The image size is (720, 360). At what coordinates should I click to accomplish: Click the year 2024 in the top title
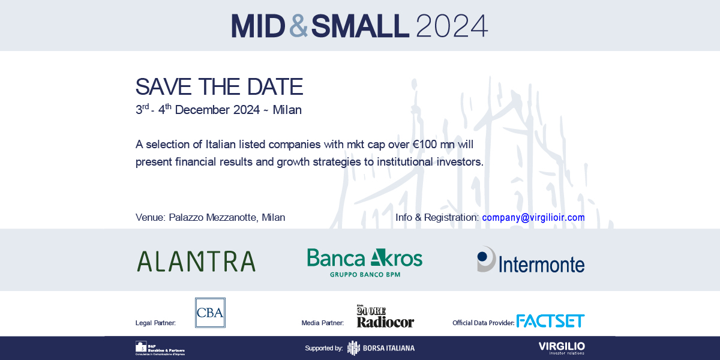(451, 26)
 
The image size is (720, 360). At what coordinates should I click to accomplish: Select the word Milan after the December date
(287, 110)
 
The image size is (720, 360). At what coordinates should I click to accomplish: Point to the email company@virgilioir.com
(533, 217)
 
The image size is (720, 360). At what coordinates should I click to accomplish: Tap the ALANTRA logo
(196, 261)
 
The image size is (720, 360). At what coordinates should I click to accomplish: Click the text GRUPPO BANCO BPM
(365, 274)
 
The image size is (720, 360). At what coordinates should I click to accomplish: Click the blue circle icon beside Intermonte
(484, 257)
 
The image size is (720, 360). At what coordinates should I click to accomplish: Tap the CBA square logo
(210, 313)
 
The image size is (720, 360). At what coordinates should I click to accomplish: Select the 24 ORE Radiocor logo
(385, 316)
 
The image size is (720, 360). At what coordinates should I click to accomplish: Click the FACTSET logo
(550, 320)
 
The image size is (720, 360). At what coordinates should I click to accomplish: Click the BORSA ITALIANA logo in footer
(381, 348)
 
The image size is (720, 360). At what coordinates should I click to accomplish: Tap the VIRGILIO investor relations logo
(561, 348)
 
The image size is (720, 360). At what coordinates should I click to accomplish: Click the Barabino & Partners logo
(159, 348)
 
